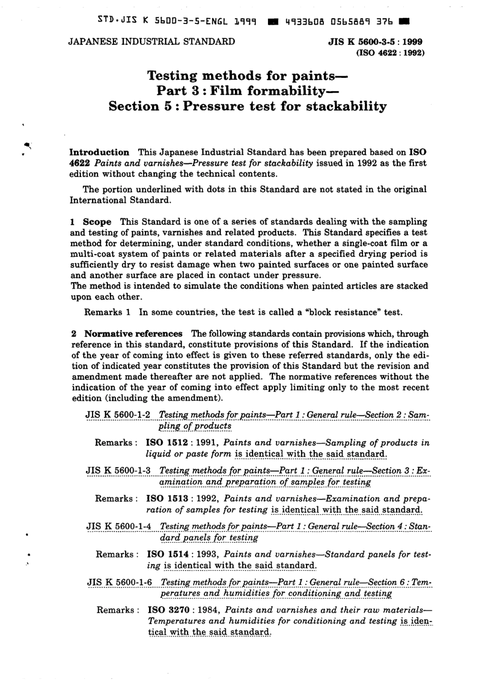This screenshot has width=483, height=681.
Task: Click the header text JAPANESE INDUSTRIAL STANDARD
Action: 151,42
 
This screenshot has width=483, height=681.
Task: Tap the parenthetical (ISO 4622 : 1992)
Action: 390,52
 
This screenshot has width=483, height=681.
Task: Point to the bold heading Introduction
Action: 99,152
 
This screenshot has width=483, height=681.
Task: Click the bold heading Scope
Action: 97,222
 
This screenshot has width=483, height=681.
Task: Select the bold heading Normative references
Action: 133,334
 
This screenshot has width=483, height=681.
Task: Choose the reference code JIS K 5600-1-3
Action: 118,470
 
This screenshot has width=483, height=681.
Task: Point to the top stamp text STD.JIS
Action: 110,21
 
